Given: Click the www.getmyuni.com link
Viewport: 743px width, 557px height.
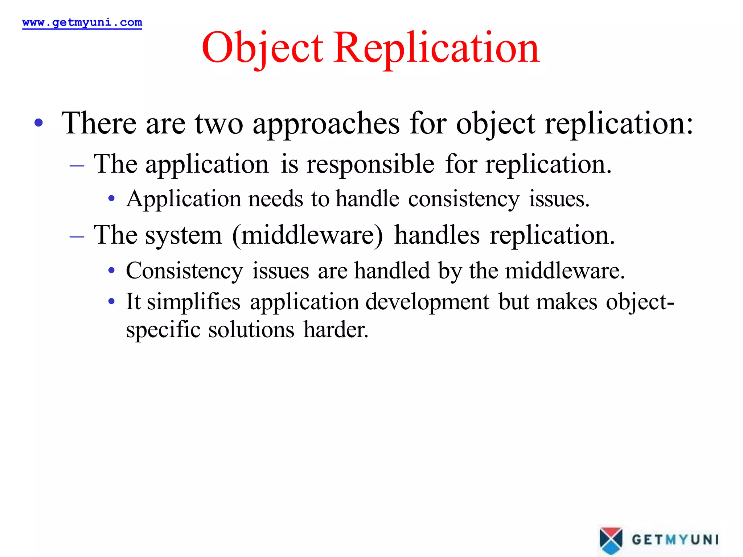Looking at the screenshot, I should [x=82, y=22].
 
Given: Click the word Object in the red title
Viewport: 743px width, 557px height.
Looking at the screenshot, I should [x=262, y=48].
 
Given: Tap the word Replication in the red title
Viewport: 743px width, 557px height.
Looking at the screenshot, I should [x=436, y=48].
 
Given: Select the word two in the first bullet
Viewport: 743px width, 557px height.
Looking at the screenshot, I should [x=219, y=123].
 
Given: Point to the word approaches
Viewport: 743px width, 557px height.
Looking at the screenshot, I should [x=326, y=124].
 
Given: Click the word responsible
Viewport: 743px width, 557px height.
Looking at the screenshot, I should [x=370, y=164].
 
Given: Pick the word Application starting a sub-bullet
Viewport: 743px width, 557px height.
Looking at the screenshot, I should [x=184, y=199].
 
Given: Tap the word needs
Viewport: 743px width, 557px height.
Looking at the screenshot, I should [x=275, y=199].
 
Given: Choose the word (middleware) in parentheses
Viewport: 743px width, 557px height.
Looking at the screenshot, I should [x=307, y=235].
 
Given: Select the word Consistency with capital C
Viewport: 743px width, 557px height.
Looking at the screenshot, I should [x=184, y=271].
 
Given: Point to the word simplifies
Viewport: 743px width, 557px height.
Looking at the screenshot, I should [x=193, y=302].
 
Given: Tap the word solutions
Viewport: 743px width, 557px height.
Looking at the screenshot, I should [x=251, y=330].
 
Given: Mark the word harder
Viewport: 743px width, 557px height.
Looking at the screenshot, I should [x=336, y=330].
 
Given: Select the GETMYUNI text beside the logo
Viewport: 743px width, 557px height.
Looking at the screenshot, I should [x=675, y=540].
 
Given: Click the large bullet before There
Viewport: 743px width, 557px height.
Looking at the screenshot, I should [x=39, y=123].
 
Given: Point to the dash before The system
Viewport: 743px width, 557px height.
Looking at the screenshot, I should [x=77, y=237].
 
